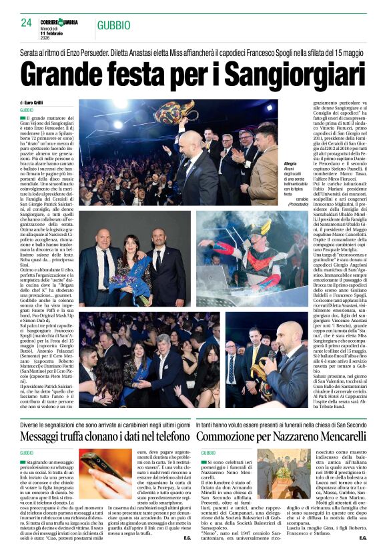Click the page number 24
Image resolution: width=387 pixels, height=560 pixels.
[27, 23]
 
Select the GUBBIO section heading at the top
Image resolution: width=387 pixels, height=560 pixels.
[113, 25]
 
